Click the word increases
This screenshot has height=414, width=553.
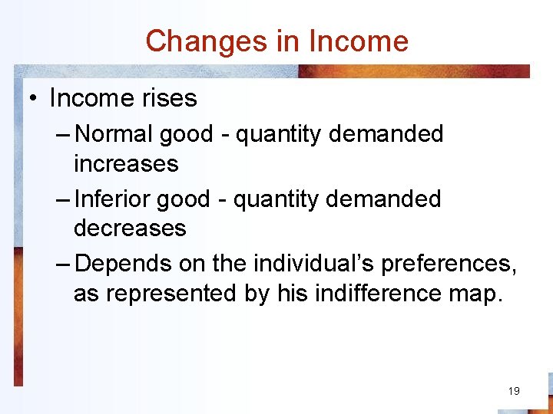point(126,163)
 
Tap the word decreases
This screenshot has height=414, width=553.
point(130,228)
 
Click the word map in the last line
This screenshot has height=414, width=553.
point(480,294)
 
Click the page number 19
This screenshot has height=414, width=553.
point(514,391)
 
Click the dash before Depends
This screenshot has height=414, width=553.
point(65,264)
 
